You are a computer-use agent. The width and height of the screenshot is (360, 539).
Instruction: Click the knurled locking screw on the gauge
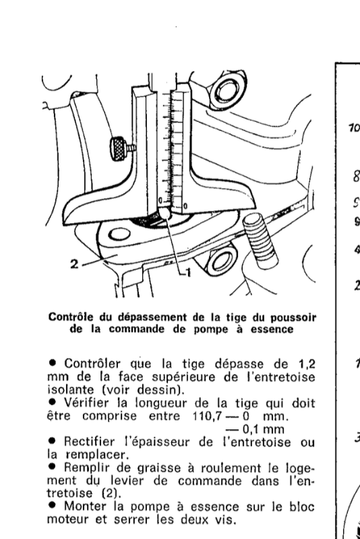tap(119, 148)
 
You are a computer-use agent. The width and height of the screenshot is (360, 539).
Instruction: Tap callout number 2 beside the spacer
tap(75, 264)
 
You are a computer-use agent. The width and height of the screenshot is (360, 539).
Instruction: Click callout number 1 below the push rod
tap(187, 273)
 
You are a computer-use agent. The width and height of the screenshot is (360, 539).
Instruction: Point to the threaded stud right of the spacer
tap(260, 241)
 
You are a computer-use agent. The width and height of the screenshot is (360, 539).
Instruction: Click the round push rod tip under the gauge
tap(165, 214)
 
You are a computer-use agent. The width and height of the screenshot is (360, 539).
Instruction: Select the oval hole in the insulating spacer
tap(119, 235)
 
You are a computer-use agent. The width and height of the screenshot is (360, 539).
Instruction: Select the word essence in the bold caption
tap(272, 329)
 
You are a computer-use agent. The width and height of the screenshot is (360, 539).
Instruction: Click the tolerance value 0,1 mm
tap(263, 430)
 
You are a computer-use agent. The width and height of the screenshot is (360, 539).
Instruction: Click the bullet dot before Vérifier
tap(53, 401)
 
